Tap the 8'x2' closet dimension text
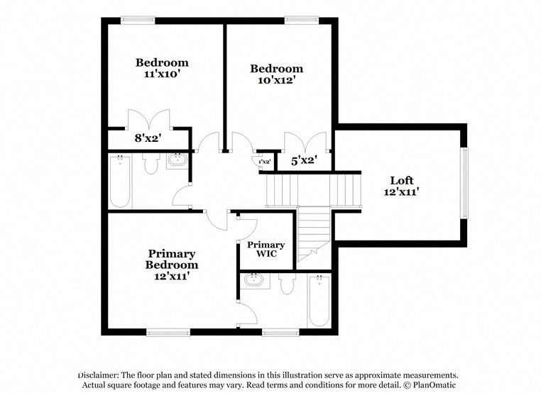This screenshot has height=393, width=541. (x=148, y=139)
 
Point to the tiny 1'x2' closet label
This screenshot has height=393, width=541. (x=264, y=162)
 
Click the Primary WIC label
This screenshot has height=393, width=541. (x=266, y=249)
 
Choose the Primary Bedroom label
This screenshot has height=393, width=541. (x=171, y=259)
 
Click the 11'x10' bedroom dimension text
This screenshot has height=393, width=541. (x=163, y=74)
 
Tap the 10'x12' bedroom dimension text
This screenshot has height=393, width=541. (x=276, y=81)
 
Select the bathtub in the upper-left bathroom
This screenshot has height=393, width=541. (x=120, y=181)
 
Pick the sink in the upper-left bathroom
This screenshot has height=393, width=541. (x=177, y=161)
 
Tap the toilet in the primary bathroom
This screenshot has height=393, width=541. (x=287, y=284)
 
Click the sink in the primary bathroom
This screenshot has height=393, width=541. (x=254, y=281)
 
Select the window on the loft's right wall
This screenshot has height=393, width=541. (x=464, y=182)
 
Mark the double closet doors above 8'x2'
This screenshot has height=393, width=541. (x=148, y=118)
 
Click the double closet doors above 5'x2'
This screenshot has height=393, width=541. (x=305, y=141)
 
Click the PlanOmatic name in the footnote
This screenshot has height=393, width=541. (x=435, y=385)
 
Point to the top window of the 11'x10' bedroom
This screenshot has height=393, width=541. (x=138, y=20)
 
